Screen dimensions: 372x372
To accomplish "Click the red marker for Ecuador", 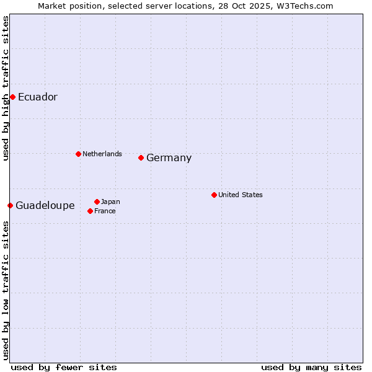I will point(12,97).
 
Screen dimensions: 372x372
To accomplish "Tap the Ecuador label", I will point(37,97).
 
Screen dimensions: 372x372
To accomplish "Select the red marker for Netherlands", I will point(78,154).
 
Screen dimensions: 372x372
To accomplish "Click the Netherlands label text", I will point(102,154).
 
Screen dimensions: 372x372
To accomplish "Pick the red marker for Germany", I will point(141,157).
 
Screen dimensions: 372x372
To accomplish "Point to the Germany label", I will point(169,158).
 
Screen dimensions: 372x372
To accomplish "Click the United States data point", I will point(214,195).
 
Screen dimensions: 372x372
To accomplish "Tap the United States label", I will point(241,195).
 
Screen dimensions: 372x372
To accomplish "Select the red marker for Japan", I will point(97,201).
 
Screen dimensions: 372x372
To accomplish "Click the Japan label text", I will point(110,201).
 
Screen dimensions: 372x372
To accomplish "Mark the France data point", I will point(90,211).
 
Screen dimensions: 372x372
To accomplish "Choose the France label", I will point(105,211).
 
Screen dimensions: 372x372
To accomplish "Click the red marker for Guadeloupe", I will point(10,205).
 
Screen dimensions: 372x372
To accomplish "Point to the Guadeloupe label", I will point(45,206).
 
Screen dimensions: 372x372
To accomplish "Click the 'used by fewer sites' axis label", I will point(64,367).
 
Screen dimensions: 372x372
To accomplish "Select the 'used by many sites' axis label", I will point(311,367).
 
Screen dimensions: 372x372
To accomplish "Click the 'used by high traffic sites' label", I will point(6,88).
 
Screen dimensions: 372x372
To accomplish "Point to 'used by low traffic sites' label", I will point(6,290).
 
